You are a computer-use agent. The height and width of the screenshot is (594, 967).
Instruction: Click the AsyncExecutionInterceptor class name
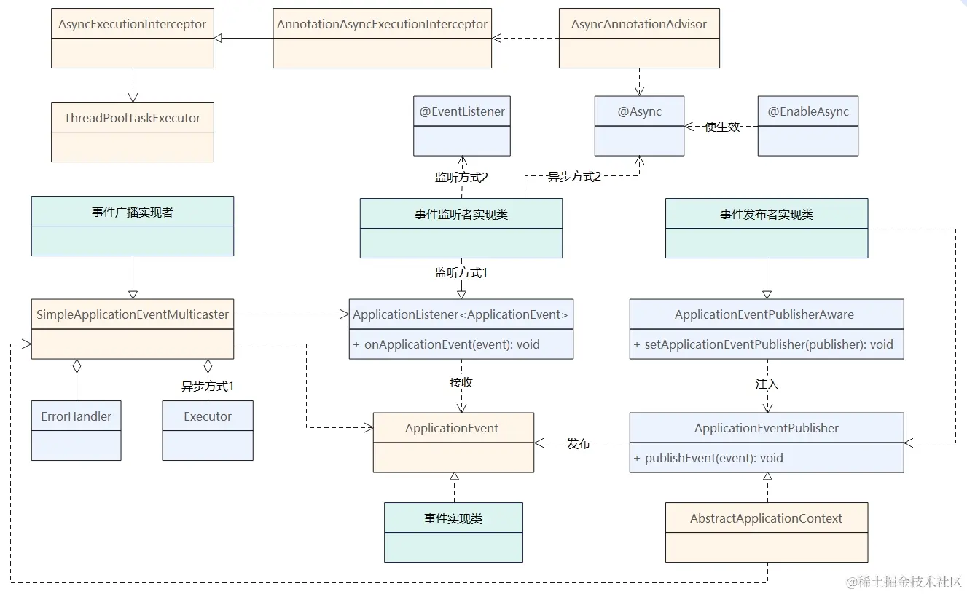132,24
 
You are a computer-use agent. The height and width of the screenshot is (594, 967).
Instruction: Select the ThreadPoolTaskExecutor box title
132,118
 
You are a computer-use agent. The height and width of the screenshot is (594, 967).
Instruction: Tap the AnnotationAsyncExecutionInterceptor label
382,24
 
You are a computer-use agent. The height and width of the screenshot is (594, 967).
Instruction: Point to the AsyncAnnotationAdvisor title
638,24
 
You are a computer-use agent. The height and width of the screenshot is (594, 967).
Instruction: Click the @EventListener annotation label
462,111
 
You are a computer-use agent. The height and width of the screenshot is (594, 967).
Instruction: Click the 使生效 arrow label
722,127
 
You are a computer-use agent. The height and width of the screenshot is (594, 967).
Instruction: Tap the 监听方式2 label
461,176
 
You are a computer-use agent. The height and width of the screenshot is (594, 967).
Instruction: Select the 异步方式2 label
574,176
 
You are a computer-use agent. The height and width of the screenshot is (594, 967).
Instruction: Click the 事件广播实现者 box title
132,213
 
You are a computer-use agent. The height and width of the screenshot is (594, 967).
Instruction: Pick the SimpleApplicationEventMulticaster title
132,314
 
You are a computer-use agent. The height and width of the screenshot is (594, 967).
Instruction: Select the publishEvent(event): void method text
708,458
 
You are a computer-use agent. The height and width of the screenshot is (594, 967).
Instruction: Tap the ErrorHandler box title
76,416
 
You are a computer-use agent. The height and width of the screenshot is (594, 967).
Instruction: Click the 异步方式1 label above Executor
208,387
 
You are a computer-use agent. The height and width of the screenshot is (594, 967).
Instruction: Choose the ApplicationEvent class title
452,428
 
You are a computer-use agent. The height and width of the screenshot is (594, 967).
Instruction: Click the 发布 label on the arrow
579,443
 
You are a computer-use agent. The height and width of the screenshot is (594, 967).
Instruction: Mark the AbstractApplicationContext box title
766,518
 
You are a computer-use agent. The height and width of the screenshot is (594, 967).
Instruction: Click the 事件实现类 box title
453,518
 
